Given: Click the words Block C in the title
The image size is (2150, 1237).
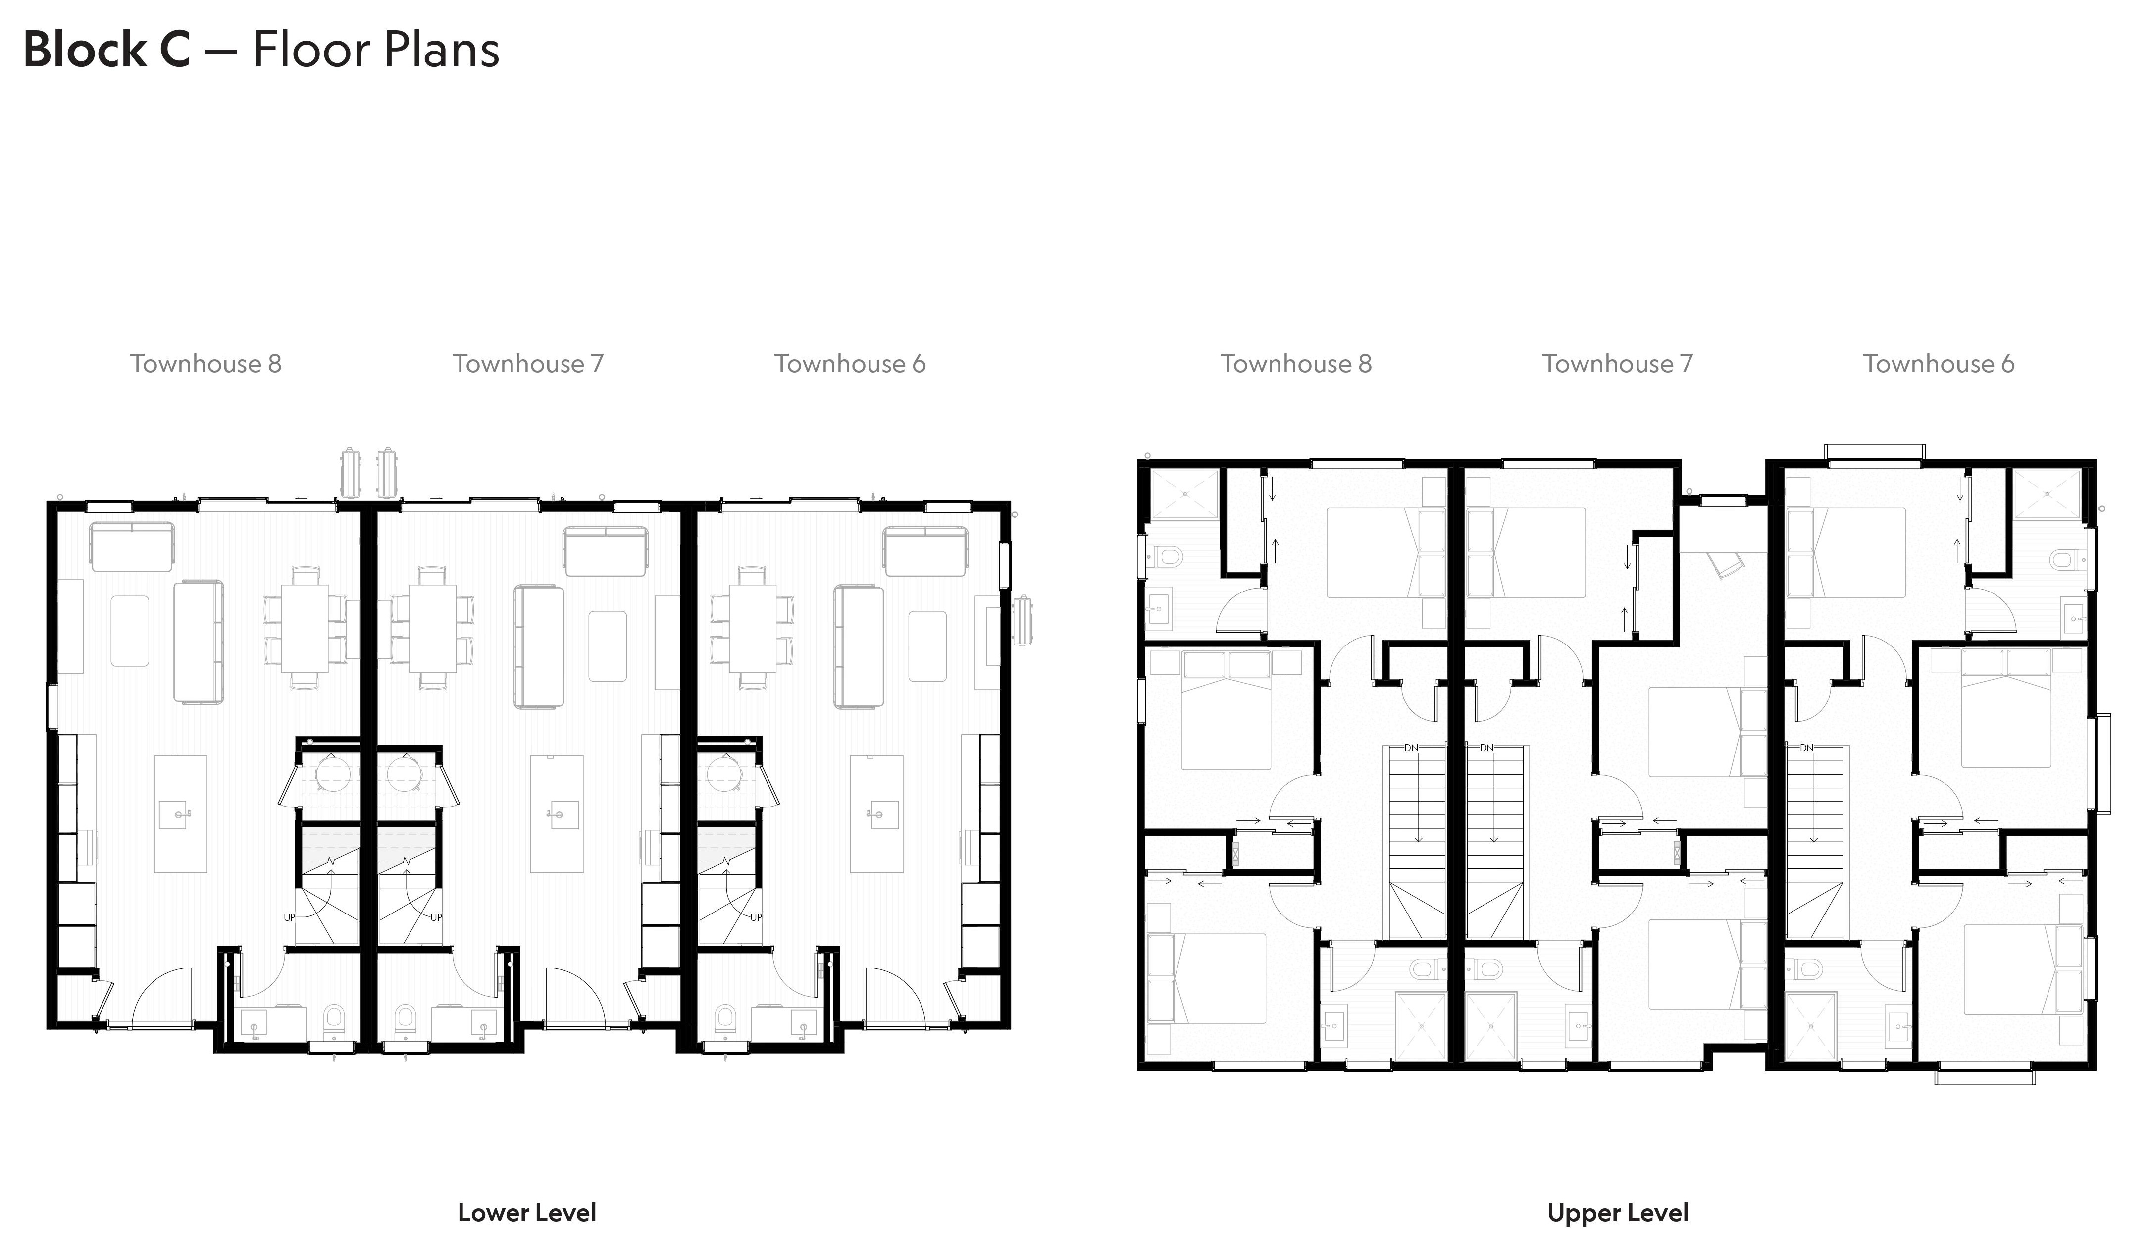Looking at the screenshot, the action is (x=107, y=49).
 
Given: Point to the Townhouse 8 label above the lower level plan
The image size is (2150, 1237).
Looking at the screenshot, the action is (x=205, y=364).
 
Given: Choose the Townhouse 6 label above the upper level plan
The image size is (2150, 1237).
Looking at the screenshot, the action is (x=1939, y=364).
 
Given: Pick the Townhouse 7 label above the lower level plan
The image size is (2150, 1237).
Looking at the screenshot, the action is (x=528, y=364).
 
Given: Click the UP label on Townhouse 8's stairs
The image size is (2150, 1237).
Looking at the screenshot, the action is (x=290, y=917).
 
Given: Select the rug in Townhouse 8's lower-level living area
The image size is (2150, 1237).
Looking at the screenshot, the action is (x=130, y=631).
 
